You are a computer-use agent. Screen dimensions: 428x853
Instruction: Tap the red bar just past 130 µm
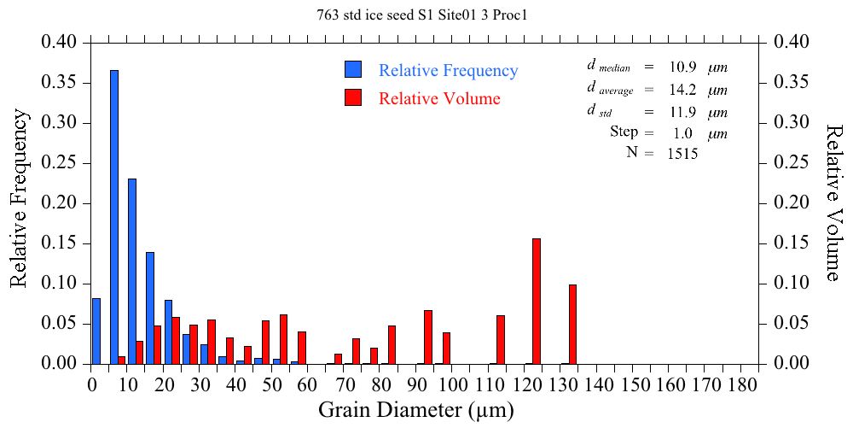[573, 325]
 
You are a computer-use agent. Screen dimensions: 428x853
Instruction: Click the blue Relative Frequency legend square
[354, 70]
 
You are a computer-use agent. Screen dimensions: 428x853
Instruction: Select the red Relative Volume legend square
[354, 97]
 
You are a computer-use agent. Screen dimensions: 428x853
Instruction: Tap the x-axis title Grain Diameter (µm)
[416, 411]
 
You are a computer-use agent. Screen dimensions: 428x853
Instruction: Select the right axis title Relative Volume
[833, 202]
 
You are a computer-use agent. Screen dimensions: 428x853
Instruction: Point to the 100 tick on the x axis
[455, 385]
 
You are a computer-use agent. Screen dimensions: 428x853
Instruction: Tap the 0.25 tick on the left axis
[60, 163]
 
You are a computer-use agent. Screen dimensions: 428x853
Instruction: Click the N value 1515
[684, 154]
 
